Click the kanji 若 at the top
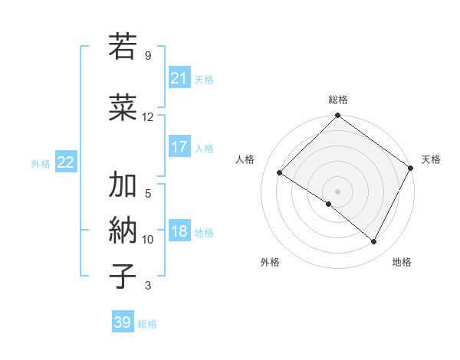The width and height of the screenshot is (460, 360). (123, 47)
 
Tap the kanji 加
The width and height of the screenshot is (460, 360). (123, 185)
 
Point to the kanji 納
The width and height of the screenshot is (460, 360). (123, 230)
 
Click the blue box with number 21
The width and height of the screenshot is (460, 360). (179, 78)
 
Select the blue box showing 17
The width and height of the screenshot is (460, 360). (179, 147)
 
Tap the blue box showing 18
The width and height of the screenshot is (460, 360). (179, 232)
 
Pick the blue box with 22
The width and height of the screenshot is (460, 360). (66, 162)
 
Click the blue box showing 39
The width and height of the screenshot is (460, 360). (122, 322)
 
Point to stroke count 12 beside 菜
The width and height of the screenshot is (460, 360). (148, 117)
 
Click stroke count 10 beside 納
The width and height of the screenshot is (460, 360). (148, 240)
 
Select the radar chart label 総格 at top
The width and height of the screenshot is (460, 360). (337, 100)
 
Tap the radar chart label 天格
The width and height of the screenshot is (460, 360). (431, 159)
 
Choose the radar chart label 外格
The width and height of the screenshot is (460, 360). (270, 262)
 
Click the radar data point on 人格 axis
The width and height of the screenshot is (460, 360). (280, 172)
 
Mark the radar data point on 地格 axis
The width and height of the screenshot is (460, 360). (374, 242)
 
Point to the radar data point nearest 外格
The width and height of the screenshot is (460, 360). (329, 204)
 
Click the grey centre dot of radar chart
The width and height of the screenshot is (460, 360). (337, 191)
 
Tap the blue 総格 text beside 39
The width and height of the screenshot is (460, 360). (147, 324)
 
